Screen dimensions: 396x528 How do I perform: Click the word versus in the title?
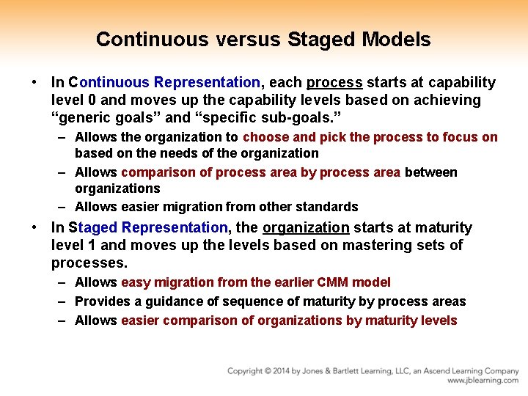pos(246,39)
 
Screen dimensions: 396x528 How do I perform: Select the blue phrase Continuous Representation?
pos(164,82)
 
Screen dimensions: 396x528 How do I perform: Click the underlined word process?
pos(334,82)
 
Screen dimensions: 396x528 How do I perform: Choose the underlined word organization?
pos(306,227)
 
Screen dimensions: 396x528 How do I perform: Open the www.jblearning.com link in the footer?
pos(483,381)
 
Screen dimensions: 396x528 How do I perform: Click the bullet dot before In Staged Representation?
pos(35,227)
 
